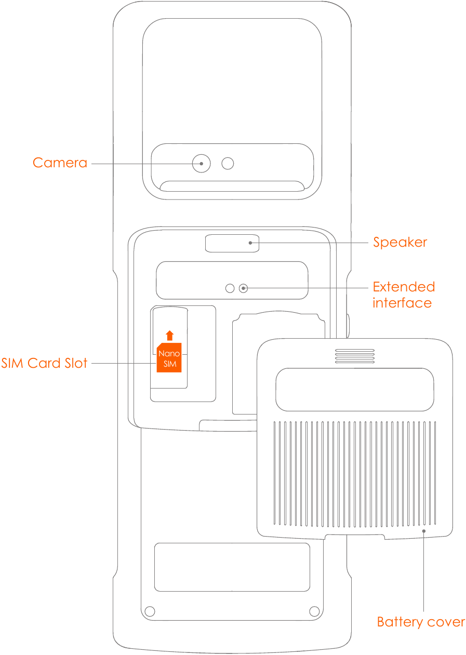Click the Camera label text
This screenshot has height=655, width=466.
[x=60, y=163]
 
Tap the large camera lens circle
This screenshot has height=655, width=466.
[x=201, y=164]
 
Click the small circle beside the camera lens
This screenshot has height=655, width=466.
[x=228, y=164]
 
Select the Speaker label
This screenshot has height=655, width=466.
[x=400, y=243]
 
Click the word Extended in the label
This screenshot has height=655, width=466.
[x=404, y=287]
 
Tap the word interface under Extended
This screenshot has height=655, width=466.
[x=402, y=303]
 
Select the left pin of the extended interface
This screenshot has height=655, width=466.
[x=230, y=288]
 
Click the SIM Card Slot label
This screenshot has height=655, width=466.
[x=44, y=363]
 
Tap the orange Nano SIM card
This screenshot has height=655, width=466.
[x=169, y=358]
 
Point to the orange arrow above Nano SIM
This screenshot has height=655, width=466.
[x=169, y=335]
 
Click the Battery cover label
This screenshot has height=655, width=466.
[x=421, y=622]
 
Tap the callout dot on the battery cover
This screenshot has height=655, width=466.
[x=424, y=531]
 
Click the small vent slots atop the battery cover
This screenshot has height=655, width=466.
[x=355, y=356]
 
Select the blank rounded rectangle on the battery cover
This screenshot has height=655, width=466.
[x=355, y=390]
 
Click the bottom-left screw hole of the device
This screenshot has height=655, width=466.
[x=150, y=611]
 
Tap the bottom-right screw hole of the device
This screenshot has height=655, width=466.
[x=314, y=611]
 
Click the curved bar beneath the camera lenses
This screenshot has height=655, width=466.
[x=232, y=186]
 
